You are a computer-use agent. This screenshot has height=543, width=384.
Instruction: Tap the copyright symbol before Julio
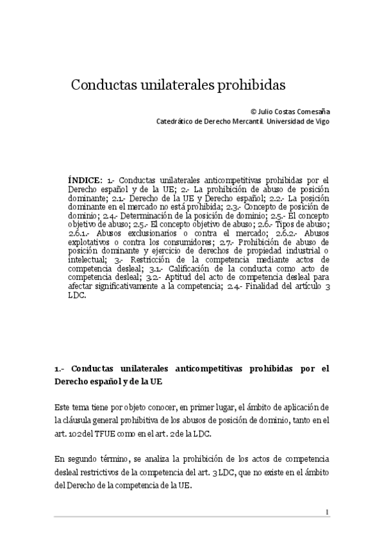tap(253, 110)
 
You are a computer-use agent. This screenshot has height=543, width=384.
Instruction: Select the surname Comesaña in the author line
tap(312, 110)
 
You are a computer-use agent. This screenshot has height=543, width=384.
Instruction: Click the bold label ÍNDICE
tap(85, 180)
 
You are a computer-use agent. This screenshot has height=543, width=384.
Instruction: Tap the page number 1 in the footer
tap(328, 512)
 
